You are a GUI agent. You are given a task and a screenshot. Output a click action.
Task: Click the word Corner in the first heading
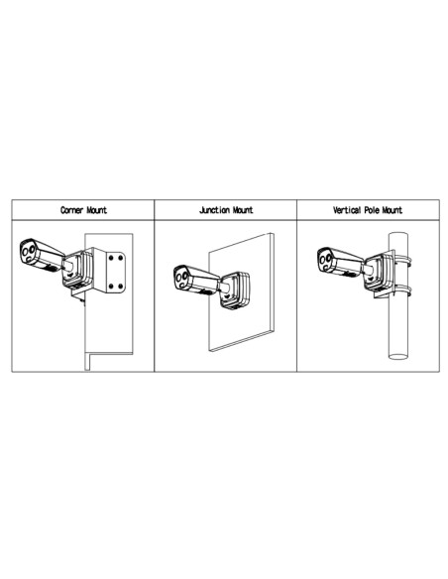pos(69,211)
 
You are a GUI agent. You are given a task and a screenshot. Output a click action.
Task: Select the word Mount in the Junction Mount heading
pos(241,211)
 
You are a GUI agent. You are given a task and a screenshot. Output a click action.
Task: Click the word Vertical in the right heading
pos(349,211)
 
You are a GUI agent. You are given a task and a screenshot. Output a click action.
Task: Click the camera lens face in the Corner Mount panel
pos(27,254)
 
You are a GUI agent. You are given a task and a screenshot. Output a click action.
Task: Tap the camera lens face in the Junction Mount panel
pos(181,279)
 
